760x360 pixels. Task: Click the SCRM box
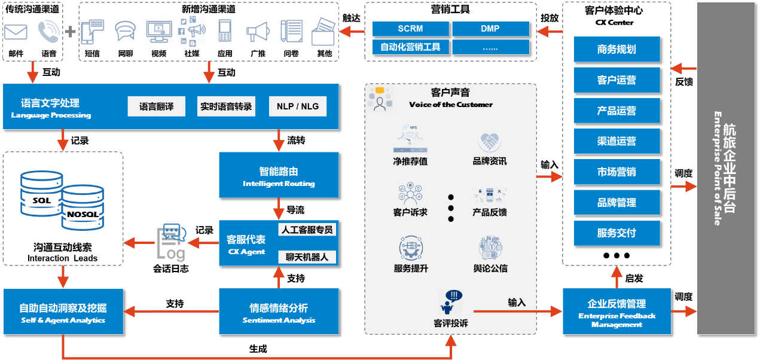coord(410,29)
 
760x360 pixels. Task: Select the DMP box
coord(490,29)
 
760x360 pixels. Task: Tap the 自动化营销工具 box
coord(410,47)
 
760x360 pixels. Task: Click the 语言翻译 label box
coord(157,106)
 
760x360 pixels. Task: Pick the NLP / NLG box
coord(298,106)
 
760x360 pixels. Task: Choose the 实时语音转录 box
coord(226,106)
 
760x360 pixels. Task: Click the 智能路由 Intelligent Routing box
coord(279,175)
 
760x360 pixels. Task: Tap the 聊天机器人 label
coord(307,257)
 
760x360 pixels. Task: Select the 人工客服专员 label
coord(307,230)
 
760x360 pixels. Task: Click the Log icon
coord(172,242)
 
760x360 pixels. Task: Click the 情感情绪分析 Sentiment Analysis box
coord(279,312)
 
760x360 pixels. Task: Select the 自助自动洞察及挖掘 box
coord(63,312)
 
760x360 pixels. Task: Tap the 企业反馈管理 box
coord(616,312)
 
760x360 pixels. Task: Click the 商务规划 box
coord(616,50)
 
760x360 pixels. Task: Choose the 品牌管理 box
coord(616,203)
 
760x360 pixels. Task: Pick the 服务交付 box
coord(616,233)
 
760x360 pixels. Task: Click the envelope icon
coord(17,32)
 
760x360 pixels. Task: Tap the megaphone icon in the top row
coord(257,31)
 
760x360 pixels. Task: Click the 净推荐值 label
coord(410,161)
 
